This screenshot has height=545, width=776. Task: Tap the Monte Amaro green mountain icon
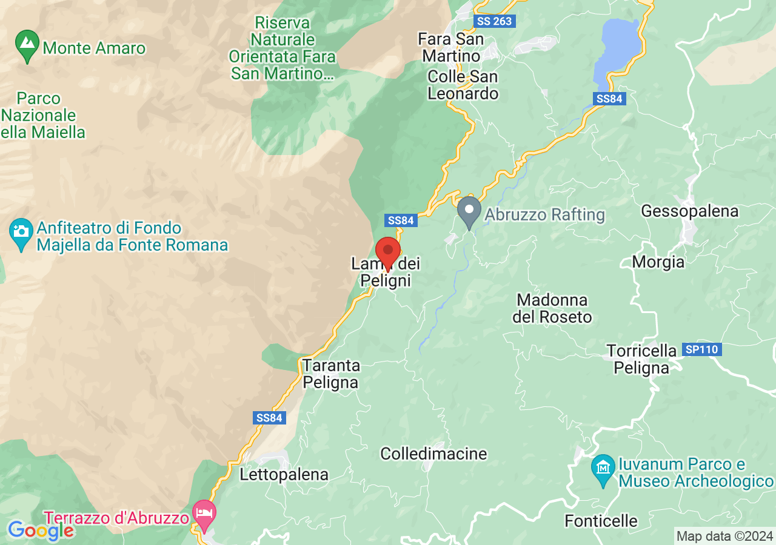(27, 45)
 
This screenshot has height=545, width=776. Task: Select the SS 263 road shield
(494, 21)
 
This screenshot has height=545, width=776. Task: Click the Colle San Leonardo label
(463, 85)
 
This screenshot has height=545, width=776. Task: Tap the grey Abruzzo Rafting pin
(469, 211)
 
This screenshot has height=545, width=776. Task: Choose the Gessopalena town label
(689, 211)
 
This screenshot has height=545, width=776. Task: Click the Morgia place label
(658, 262)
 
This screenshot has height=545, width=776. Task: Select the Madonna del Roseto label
(552, 308)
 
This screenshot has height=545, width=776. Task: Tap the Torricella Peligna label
(641, 359)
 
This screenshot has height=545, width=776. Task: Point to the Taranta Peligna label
(331, 374)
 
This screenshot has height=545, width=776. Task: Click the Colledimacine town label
(433, 454)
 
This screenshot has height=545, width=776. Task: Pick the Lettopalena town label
(284, 474)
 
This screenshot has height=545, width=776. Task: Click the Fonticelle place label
(601, 521)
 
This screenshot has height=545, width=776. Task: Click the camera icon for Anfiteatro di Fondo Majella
(21, 233)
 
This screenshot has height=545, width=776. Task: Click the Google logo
(41, 530)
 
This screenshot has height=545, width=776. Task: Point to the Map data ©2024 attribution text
(724, 536)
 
